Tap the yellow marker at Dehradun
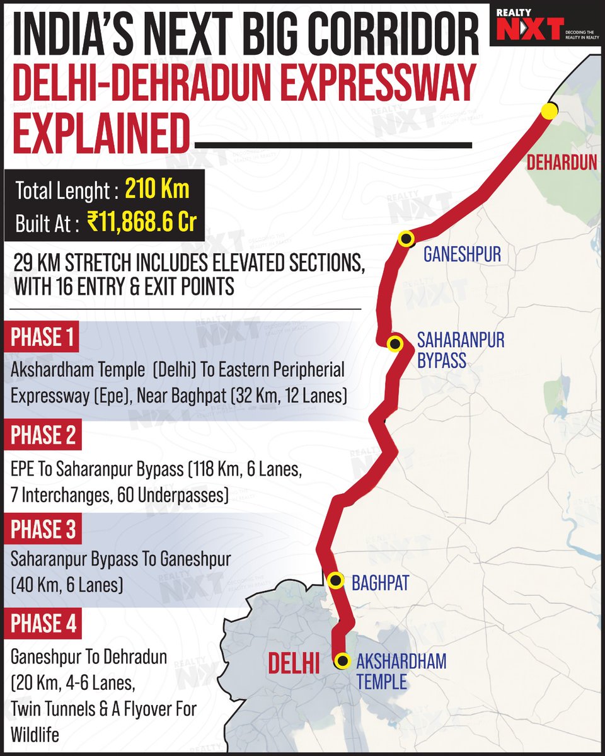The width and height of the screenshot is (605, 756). (550, 111)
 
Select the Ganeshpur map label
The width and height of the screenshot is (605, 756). (462, 255)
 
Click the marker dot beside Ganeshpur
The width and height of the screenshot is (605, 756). (406, 239)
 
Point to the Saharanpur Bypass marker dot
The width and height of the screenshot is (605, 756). (395, 343)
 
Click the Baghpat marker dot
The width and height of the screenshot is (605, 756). (337, 580)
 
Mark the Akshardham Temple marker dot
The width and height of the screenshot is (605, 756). (342, 660)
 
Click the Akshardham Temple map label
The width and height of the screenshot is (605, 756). (401, 671)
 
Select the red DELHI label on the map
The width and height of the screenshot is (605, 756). (294, 664)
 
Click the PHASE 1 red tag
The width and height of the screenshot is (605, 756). (43, 339)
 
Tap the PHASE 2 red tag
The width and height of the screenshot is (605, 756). (44, 435)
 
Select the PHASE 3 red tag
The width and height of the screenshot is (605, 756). (44, 530)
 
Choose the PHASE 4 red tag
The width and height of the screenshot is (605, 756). (44, 624)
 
